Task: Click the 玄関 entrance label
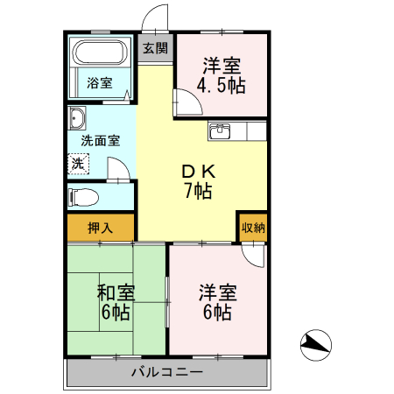[x=156, y=49]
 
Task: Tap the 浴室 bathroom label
[x=100, y=84]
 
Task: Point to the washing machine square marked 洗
[x=79, y=163]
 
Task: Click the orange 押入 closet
[x=101, y=228]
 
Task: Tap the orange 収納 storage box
[x=253, y=227]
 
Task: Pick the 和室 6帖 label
[x=115, y=302]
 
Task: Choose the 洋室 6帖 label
[x=215, y=302]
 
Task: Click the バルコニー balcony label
[x=167, y=372]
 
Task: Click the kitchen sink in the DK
[x=219, y=132]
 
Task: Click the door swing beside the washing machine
[x=117, y=167]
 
